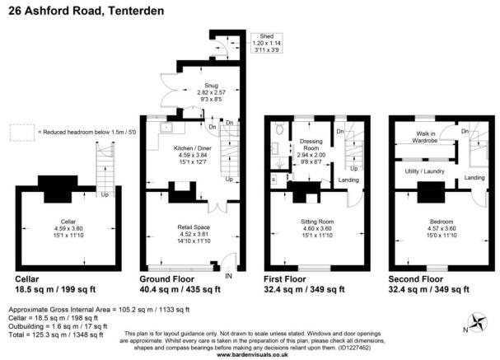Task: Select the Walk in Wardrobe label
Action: point(431,136)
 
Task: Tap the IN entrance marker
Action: point(229,276)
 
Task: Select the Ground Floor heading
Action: point(170,279)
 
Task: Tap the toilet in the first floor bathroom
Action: point(280,129)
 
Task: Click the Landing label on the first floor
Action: point(348,180)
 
